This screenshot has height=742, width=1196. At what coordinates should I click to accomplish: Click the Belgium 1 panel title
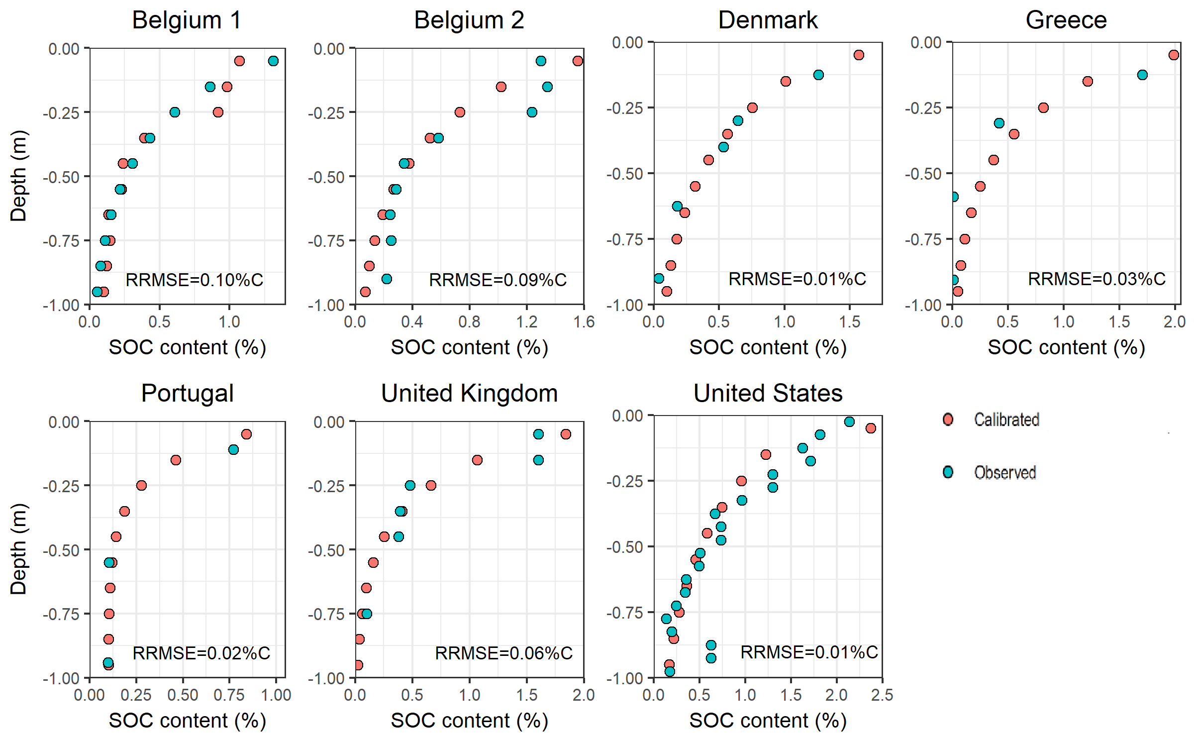187,20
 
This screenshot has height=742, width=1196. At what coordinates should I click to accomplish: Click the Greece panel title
1066,20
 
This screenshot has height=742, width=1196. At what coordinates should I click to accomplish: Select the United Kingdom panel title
469,393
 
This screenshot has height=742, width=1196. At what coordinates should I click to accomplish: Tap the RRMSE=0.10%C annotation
194,280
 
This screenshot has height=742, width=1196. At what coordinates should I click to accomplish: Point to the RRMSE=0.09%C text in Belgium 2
498,280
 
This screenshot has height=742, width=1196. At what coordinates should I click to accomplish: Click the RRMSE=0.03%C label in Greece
1096,279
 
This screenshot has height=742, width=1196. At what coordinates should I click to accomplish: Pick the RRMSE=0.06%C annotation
503,653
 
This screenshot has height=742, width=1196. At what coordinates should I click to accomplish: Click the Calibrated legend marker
948,420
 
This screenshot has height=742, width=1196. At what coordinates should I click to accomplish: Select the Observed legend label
1005,472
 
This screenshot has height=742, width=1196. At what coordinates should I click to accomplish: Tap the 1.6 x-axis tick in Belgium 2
584,322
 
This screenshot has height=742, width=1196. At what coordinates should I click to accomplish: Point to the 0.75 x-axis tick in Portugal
229,695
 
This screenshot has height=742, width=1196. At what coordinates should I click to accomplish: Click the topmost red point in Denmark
859,55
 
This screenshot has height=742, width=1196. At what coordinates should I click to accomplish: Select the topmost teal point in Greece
1142,75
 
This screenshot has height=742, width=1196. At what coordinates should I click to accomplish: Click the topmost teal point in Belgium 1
273,61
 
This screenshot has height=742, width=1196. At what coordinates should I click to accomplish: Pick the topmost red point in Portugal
246,434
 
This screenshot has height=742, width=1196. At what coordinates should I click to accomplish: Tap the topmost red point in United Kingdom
566,434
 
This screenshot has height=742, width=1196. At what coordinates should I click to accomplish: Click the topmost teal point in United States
849,422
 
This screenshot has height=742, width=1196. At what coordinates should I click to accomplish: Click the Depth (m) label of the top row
18,176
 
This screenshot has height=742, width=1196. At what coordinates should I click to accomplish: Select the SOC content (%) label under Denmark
768,347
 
